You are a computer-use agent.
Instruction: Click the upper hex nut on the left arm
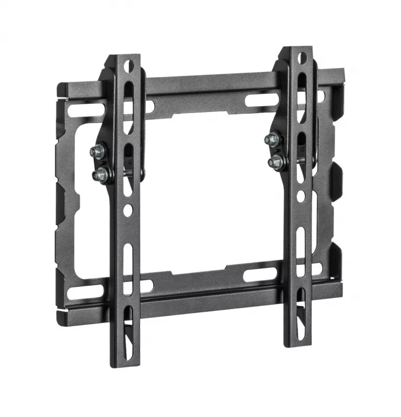[x=98, y=152]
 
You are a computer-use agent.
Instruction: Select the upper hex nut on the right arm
[x=272, y=140]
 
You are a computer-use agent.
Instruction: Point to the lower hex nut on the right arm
[x=275, y=162]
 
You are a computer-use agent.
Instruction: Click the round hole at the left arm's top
[x=129, y=66]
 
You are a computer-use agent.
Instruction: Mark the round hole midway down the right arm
[x=301, y=197]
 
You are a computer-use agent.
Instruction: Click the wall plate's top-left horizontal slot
[x=86, y=111]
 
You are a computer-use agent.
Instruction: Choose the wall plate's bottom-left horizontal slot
[x=86, y=289]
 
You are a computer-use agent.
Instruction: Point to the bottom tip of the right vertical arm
[x=299, y=345]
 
